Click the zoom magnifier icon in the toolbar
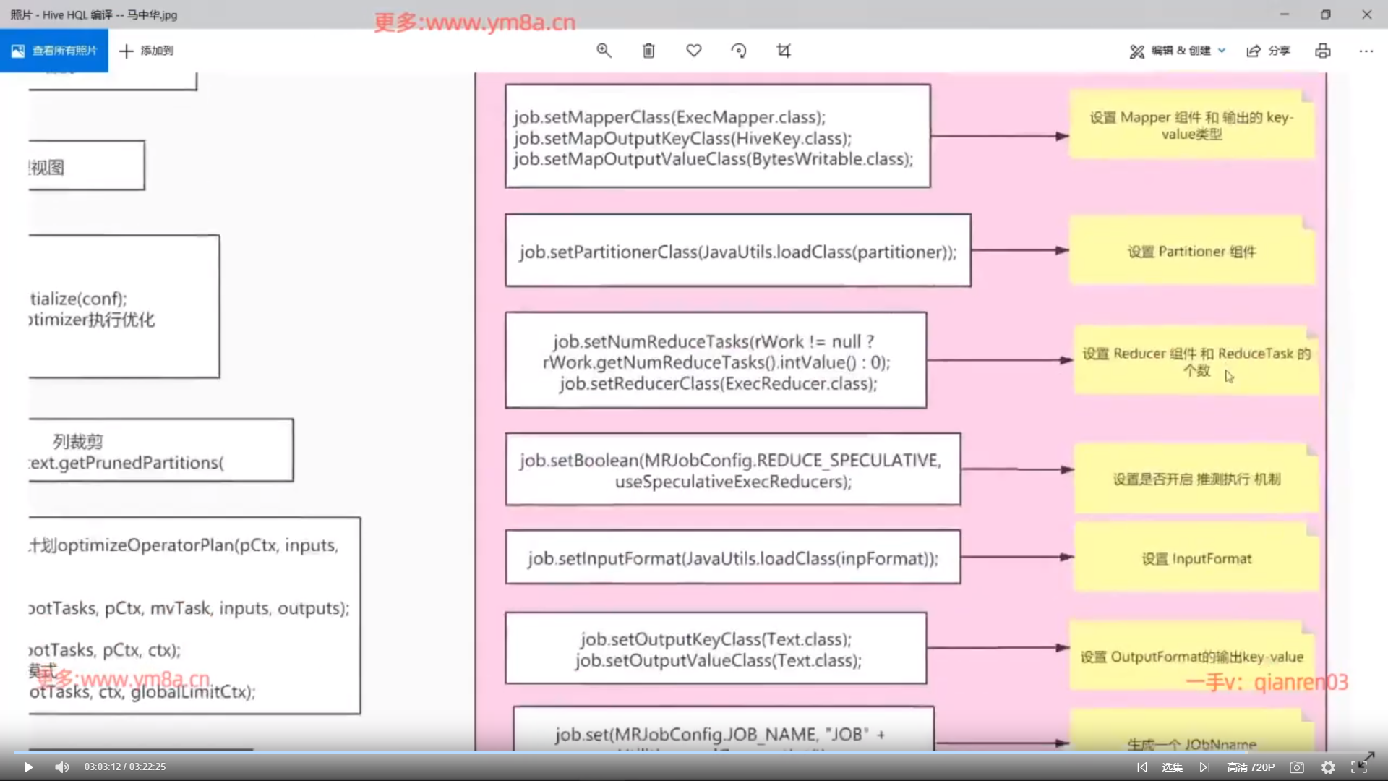[x=604, y=51]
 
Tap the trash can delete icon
[x=648, y=51]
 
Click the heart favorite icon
[x=694, y=51]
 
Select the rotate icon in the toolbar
[x=739, y=51]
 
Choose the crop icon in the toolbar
[x=784, y=51]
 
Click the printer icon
[x=1323, y=51]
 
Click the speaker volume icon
[x=62, y=767]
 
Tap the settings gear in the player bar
[x=1328, y=767]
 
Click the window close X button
[x=1366, y=14]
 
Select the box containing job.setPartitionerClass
[x=737, y=250]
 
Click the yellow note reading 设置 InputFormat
[x=1196, y=559]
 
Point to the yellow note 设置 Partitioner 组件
[x=1191, y=251]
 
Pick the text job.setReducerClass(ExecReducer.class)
[x=718, y=384]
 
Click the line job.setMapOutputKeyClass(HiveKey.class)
[x=682, y=138]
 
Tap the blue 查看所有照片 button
[x=54, y=51]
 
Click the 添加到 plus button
[x=147, y=51]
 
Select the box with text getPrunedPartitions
[x=160, y=451]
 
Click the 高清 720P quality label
[x=1251, y=767]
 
